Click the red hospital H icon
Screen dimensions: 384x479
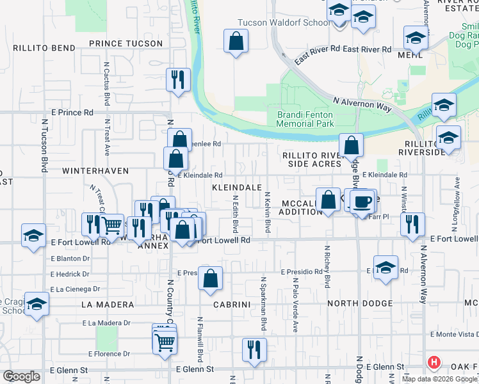tap(434, 363)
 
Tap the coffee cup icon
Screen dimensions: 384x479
tap(362, 202)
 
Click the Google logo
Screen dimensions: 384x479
tap(20, 376)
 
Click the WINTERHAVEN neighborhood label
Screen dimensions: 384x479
tap(95, 171)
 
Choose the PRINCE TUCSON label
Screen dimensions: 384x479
tap(126, 43)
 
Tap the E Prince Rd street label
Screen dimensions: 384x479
tap(72, 112)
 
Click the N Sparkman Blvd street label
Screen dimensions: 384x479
tap(263, 304)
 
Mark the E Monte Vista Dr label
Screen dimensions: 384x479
tap(454, 334)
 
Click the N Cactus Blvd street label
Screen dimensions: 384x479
tap(105, 83)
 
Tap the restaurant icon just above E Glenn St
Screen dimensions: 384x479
tap(254, 349)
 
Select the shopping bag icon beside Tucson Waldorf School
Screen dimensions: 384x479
tap(236, 42)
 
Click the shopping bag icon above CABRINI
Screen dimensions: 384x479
tap(210, 278)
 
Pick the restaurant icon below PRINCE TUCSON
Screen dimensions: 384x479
tap(177, 79)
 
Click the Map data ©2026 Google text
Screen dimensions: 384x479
tap(439, 378)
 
